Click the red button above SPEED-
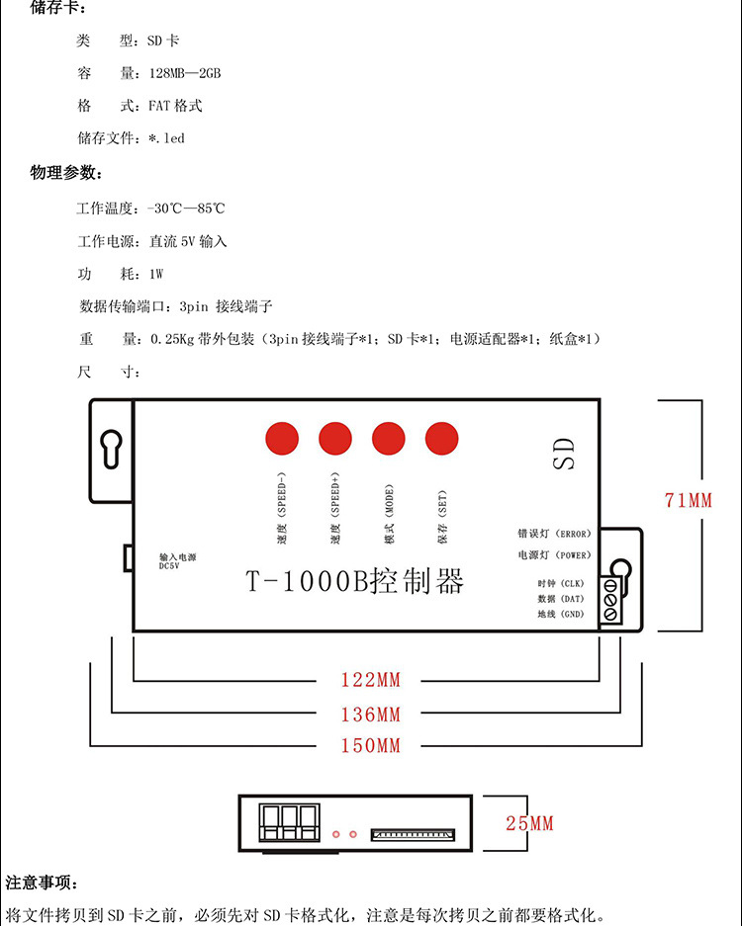tap(282, 437)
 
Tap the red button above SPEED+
tap(335, 437)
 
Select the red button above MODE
tap(389, 437)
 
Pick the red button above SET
tap(442, 437)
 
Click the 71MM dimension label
tap(689, 501)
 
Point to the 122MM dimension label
tap(371, 680)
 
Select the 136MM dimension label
tap(371, 715)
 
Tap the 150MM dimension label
tap(371, 746)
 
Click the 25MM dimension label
tap(529, 823)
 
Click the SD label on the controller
tap(563, 454)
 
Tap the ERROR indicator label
tap(553, 534)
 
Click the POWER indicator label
tap(553, 555)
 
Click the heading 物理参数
tap(65, 173)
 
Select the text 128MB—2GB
tap(185, 74)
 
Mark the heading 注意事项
tap(42, 883)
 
